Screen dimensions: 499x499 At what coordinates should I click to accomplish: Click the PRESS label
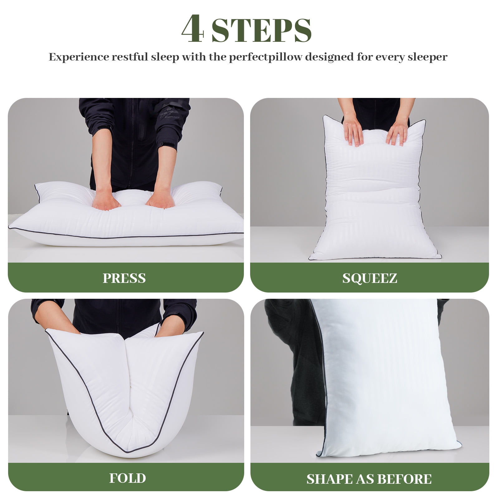[124, 278]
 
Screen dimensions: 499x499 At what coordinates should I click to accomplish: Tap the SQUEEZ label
[370, 278]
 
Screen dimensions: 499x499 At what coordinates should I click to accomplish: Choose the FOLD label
[128, 478]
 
